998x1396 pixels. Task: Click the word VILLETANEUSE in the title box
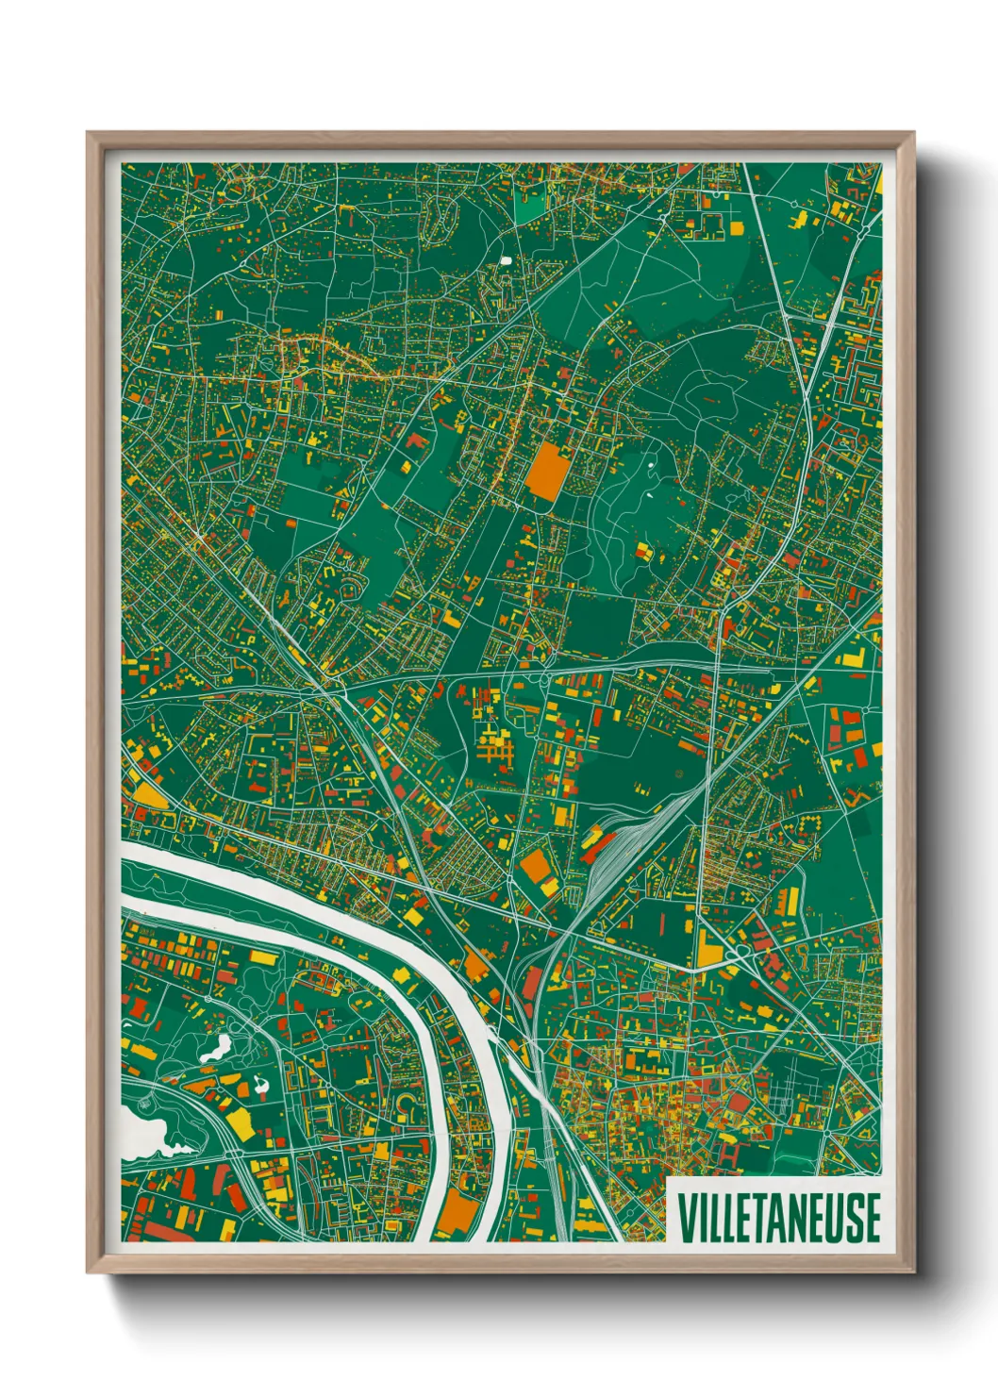point(778,1218)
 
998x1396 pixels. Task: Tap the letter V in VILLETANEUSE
point(686,1218)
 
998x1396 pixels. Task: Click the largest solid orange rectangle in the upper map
point(548,472)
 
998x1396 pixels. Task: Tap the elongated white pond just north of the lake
point(216,1046)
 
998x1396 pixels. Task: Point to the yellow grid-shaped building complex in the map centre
point(496,750)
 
